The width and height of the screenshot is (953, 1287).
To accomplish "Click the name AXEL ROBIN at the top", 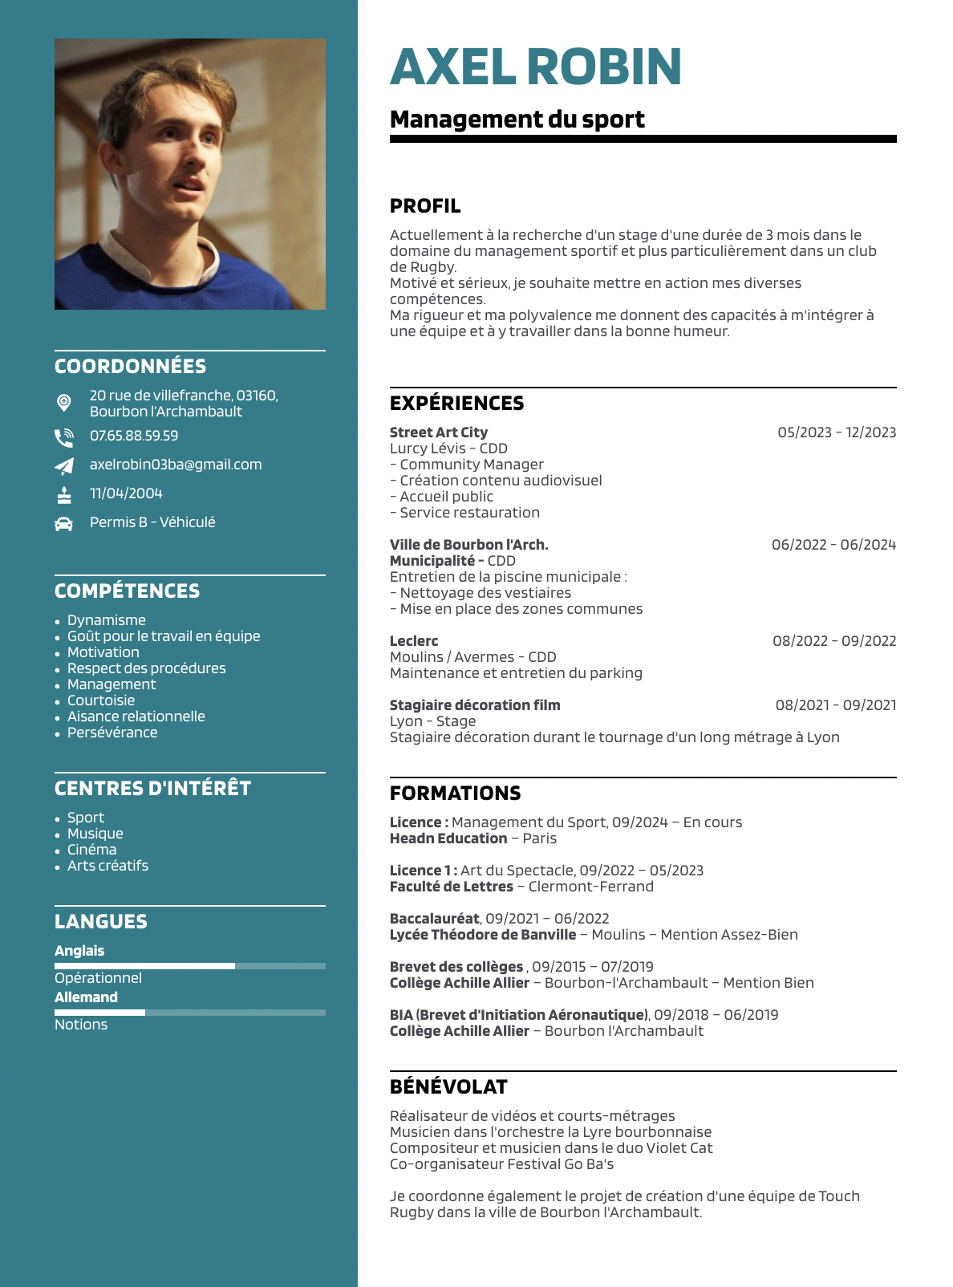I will click(535, 67).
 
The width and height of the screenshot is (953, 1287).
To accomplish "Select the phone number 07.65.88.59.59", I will click(134, 436).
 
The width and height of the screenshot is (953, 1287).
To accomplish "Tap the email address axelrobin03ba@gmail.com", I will click(176, 465).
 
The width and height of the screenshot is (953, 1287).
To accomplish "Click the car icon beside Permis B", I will click(63, 523).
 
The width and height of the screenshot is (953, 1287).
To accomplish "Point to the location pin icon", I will click(64, 402).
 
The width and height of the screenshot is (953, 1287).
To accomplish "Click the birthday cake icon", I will click(64, 494).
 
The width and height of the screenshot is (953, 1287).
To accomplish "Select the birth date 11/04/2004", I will click(126, 493).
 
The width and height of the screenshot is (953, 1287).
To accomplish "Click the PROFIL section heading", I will click(425, 206).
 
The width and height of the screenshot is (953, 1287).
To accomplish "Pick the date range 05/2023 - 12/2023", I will click(837, 432).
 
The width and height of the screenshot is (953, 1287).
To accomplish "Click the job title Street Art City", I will click(439, 432).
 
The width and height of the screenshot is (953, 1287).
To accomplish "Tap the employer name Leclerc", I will click(414, 641).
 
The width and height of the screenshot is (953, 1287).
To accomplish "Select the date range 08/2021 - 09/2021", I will click(835, 705).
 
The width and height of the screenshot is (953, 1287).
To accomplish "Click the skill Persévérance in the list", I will click(112, 733).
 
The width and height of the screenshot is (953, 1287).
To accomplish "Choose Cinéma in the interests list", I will click(91, 850).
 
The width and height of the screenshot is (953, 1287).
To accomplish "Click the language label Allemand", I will click(86, 997).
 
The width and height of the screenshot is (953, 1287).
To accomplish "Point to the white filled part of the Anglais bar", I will click(144, 966).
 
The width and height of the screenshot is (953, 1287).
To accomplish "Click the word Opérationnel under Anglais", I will click(98, 978).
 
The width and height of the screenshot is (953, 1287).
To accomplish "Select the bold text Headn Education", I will click(448, 838).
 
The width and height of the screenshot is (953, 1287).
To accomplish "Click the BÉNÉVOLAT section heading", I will click(448, 1087).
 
